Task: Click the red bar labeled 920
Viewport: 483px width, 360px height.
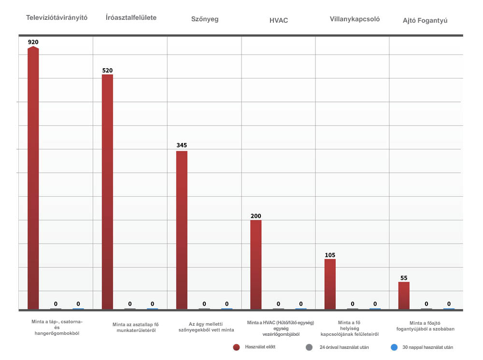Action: click(x=33, y=179)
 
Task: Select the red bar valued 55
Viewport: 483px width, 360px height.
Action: click(x=404, y=295)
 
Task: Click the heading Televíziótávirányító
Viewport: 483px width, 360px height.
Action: click(x=57, y=17)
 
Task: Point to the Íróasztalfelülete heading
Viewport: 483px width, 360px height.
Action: click(x=131, y=17)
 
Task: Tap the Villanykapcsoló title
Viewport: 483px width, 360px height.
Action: click(x=355, y=19)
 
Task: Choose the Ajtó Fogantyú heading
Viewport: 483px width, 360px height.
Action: click(x=425, y=21)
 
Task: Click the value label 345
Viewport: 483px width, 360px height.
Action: click(x=182, y=145)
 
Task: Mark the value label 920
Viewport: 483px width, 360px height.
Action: click(x=33, y=42)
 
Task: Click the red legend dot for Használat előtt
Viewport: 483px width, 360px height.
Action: click(x=236, y=347)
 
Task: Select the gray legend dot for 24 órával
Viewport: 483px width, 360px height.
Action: click(x=309, y=347)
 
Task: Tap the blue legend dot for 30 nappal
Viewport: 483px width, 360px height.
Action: click(x=394, y=347)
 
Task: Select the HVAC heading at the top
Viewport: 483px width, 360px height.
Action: click(x=279, y=21)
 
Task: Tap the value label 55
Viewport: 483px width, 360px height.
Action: click(x=404, y=278)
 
